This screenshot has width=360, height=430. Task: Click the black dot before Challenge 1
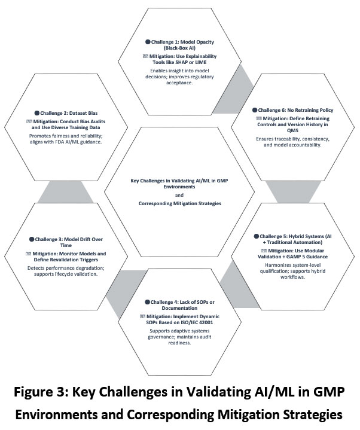tap(148, 42)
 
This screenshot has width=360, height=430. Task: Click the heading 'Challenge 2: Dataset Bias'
tap(67, 112)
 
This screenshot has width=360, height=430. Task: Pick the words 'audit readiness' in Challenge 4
tap(179, 343)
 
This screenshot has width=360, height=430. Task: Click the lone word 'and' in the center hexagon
tap(179, 195)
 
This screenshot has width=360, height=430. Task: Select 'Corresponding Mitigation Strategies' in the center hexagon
tap(179, 204)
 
